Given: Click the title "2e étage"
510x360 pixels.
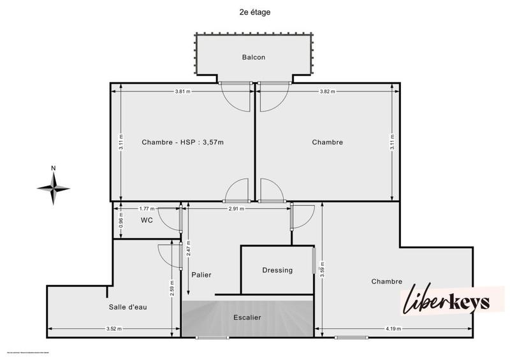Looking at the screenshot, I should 254,11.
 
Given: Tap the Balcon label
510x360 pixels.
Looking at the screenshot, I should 253,57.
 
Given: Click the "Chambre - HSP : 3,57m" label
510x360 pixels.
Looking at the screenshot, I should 183,142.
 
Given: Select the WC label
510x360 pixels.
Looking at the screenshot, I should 146,220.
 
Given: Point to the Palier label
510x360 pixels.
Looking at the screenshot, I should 201,275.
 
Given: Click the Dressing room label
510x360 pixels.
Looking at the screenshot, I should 277,270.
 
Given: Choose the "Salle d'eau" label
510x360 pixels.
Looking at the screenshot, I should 127,307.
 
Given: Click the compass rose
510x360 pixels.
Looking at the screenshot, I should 54,187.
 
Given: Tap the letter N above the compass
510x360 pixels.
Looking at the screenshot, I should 54,168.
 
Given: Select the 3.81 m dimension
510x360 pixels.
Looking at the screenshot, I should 182,91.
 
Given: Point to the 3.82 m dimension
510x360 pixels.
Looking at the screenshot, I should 328,91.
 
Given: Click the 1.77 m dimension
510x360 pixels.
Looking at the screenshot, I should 147,208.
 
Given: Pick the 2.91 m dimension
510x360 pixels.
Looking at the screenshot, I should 236,208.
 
